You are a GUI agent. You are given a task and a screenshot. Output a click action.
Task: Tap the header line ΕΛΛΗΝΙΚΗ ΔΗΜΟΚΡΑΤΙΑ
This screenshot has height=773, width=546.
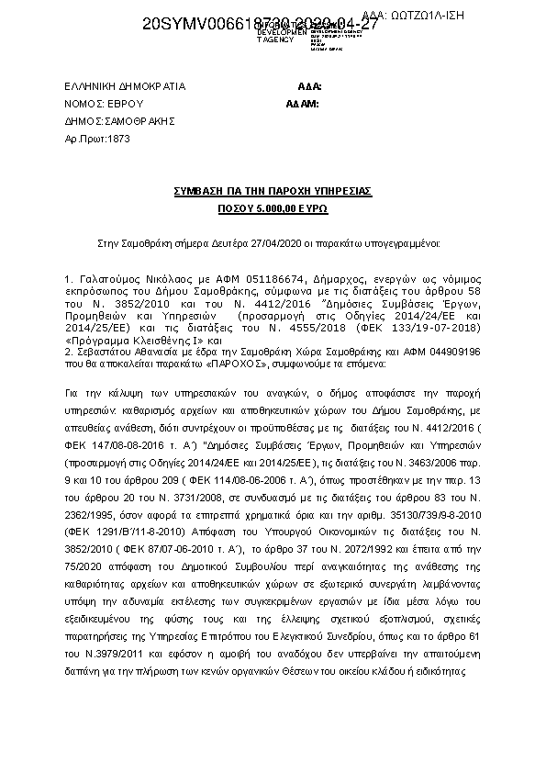click(x=125, y=87)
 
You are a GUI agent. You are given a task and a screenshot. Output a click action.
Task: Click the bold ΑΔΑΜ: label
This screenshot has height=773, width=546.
click(x=302, y=104)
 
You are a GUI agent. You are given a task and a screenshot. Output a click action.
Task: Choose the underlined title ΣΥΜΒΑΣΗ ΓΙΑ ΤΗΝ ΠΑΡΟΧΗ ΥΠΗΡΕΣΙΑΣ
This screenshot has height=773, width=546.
click(x=273, y=191)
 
